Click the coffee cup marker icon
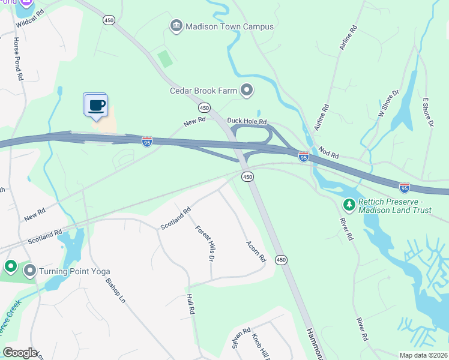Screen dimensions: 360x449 coord(95,106)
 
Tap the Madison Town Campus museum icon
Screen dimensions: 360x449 coord(176,26)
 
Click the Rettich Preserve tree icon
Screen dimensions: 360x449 coord(349,205)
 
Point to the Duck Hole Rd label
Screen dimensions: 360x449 coord(246,121)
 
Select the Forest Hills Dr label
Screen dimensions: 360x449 coord(205,243)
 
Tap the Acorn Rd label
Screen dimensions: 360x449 coord(256,251)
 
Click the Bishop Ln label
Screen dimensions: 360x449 coord(116,289)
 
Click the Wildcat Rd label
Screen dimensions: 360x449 coord(31,19)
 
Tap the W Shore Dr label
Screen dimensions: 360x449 coord(388,103)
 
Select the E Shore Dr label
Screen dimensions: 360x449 coord(427,112)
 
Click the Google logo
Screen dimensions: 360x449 coord(20,352)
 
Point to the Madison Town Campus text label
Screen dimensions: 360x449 coord(229,26)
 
